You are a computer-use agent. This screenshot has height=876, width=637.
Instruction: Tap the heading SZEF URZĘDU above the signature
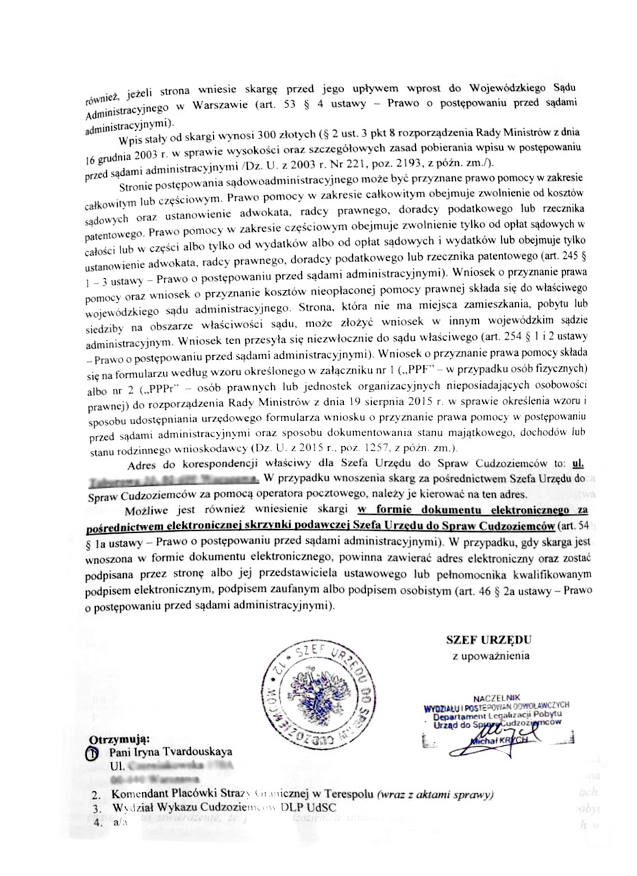coord(488,640)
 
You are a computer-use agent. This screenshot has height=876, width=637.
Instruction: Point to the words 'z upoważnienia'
coord(490,657)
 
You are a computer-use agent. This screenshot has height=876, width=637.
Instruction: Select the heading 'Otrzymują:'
coord(119,740)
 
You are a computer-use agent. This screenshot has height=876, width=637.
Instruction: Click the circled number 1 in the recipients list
coord(96,753)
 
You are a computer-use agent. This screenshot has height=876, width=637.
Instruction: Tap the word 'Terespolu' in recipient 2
coord(345,795)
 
